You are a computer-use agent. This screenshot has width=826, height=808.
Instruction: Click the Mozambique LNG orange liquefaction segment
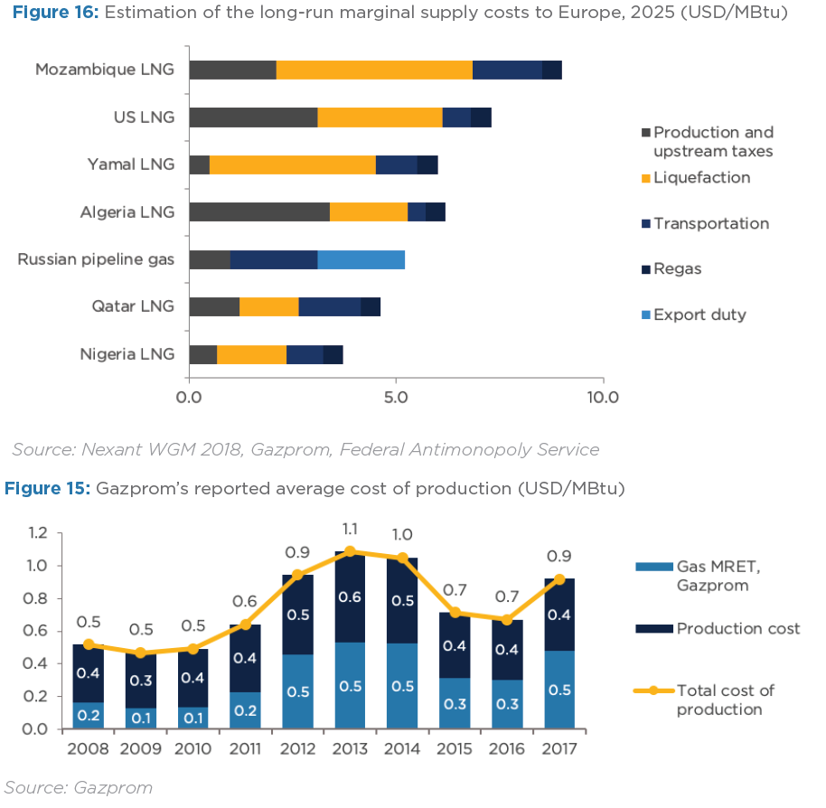pos(374,70)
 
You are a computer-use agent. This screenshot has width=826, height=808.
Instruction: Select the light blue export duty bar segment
pos(361,259)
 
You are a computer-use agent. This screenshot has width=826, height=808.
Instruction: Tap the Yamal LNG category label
pos(131,164)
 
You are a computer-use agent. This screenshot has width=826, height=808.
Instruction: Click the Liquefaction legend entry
pos(701,178)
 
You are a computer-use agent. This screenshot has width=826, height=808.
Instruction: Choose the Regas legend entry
pos(677,268)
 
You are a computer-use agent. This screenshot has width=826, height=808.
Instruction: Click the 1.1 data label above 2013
pos(349,529)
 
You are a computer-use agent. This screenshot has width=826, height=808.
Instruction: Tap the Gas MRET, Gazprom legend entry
pos(710,576)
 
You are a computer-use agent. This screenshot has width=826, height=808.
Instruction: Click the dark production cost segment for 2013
pos(349,597)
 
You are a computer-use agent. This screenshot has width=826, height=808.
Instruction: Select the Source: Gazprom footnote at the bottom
pos(79,787)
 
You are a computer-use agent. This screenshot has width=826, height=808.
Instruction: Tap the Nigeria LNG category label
pos(127,354)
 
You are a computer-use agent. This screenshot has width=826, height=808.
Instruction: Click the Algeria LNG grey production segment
pos(259,211)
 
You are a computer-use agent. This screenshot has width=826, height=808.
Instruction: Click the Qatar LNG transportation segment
pos(329,306)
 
